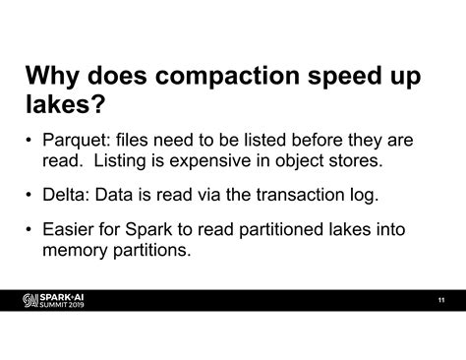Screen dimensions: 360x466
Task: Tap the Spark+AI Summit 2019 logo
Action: coord(56,300)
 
